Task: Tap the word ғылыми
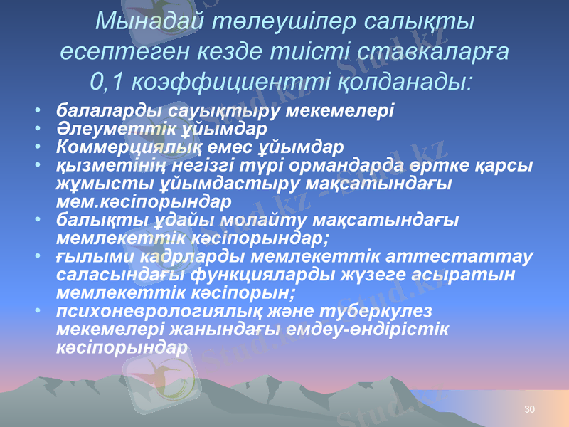pos(87,255)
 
